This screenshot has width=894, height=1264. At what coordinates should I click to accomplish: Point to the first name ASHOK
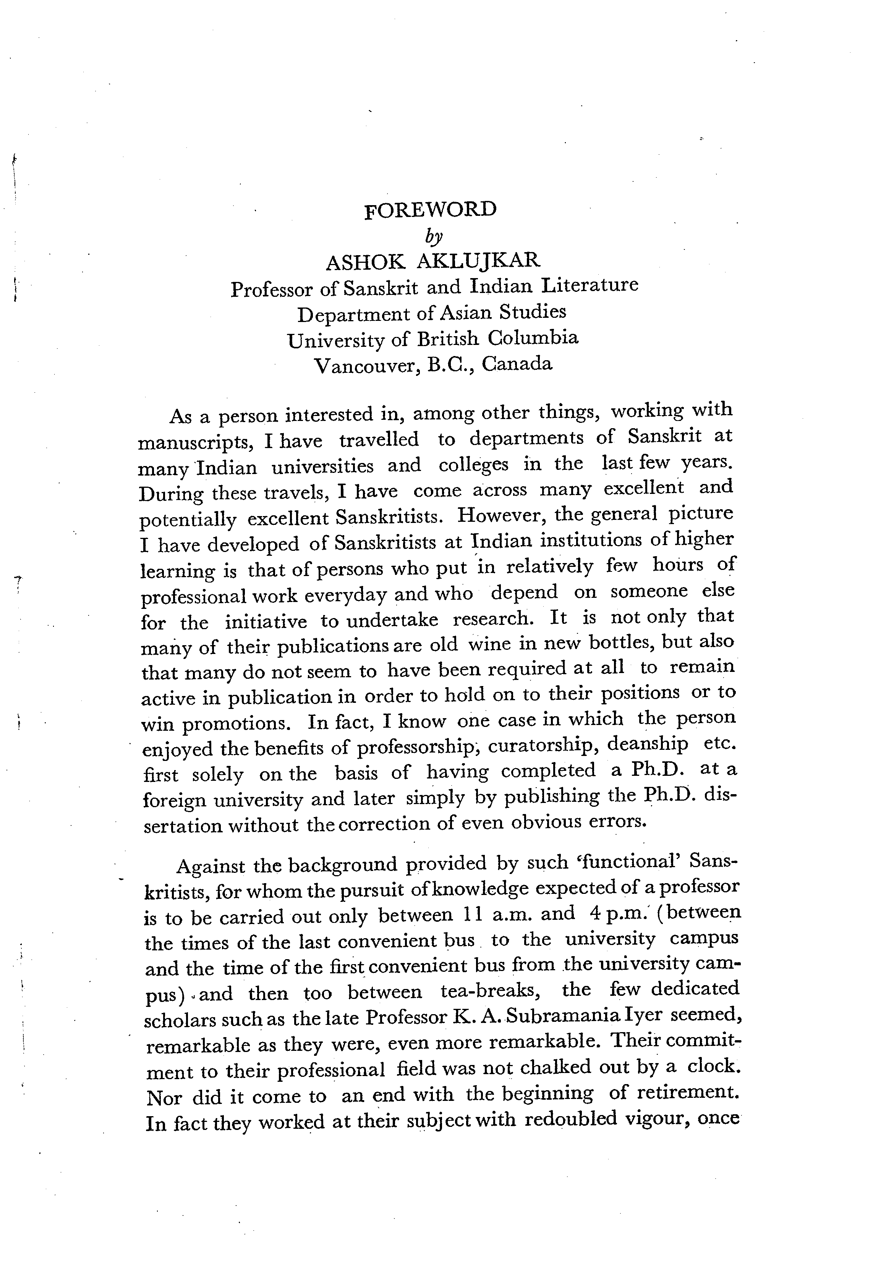[x=365, y=262]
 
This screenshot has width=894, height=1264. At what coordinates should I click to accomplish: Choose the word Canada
[x=517, y=363]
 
